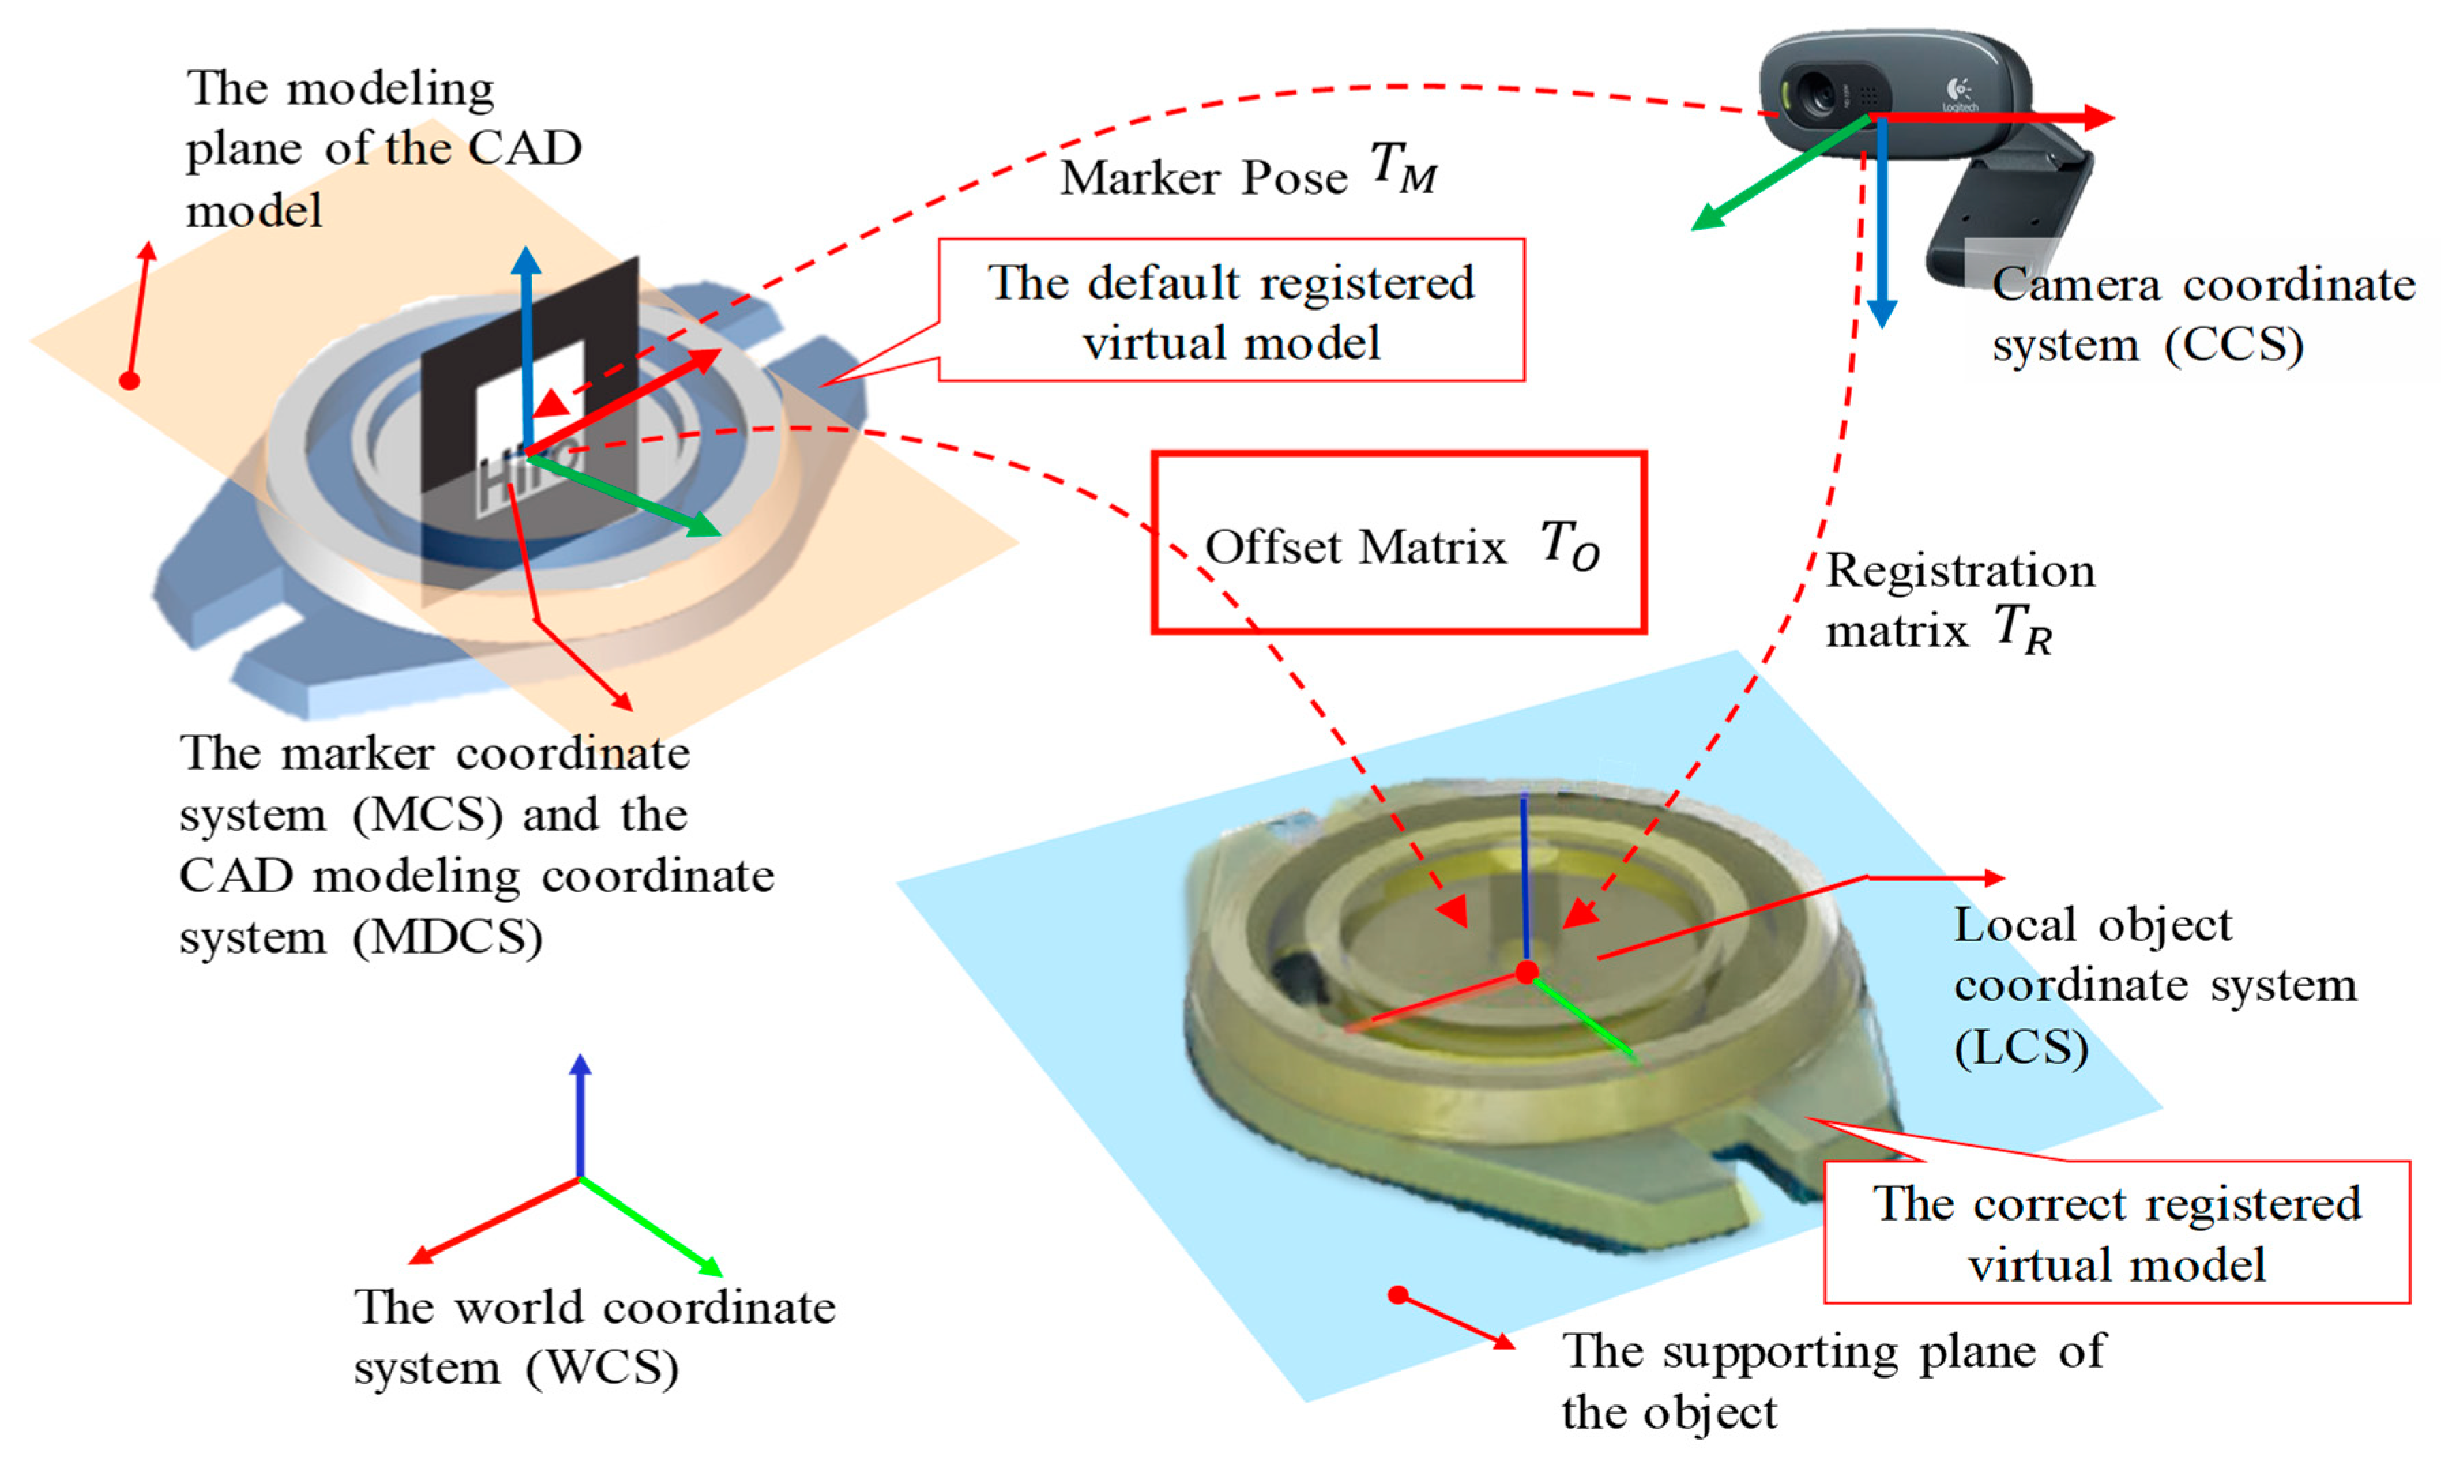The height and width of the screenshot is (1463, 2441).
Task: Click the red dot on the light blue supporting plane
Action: (1397, 1294)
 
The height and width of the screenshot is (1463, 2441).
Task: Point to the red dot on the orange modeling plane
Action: (129, 379)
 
